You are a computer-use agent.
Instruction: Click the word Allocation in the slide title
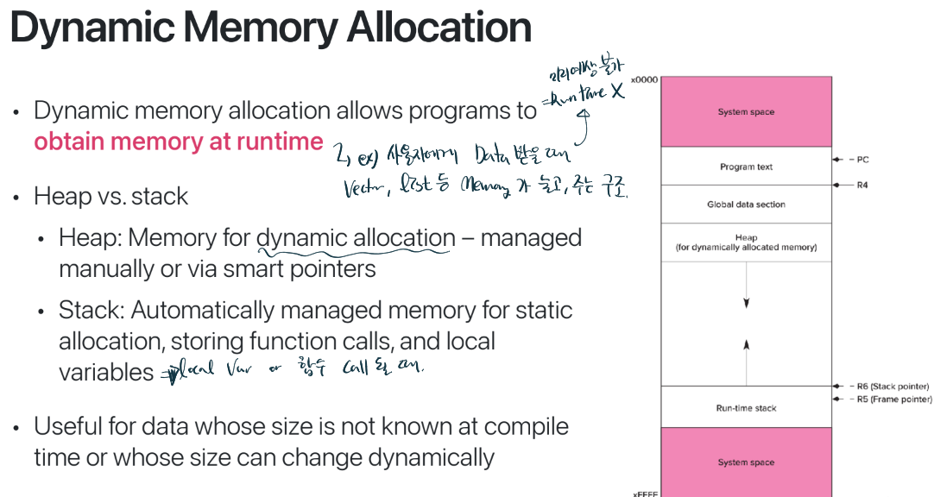(439, 28)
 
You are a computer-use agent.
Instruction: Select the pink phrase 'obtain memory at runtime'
(179, 142)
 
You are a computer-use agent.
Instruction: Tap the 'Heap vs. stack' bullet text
(110, 196)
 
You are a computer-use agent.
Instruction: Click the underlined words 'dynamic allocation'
(356, 237)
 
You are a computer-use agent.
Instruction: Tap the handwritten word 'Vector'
(364, 188)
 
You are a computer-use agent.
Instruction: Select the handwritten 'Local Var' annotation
(199, 372)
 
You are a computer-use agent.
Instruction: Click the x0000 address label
(644, 80)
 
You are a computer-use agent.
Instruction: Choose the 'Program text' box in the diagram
(746, 167)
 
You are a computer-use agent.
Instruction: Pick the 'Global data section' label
(746, 204)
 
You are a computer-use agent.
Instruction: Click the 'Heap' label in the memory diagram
(746, 237)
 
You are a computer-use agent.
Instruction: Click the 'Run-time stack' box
(746, 408)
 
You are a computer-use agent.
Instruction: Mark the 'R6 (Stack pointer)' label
(890, 387)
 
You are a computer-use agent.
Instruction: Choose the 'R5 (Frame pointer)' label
(893, 399)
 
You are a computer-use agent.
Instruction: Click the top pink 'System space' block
(746, 112)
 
